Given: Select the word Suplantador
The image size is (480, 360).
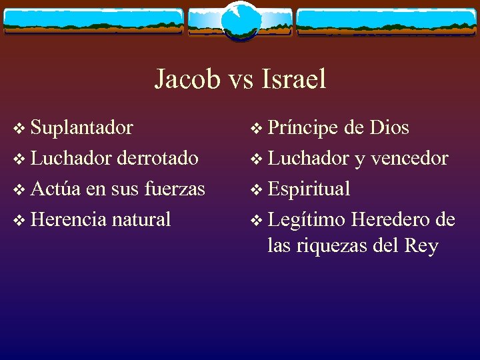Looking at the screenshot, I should (81, 127).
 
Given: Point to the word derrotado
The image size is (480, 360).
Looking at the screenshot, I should (157, 158).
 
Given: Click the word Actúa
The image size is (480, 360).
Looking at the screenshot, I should (56, 189).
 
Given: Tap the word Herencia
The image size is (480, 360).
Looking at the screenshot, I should (68, 219).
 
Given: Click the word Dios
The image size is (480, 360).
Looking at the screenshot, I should (389, 127).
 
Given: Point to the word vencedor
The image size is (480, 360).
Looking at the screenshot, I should (409, 158).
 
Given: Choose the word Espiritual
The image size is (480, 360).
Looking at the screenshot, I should (309, 189).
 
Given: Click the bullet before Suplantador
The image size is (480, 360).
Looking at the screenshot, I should (18, 129).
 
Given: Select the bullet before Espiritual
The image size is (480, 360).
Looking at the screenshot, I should (255, 190).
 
